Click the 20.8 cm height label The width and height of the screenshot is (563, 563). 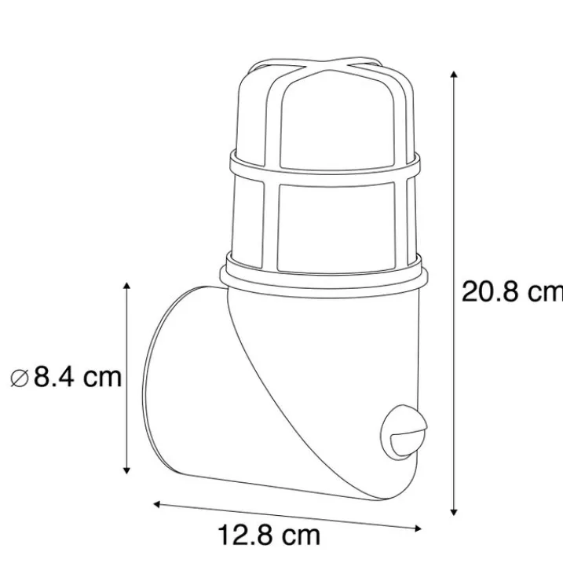tap(513, 291)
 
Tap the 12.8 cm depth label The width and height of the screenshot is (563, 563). tap(269, 536)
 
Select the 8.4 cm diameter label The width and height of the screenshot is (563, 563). tap(66, 378)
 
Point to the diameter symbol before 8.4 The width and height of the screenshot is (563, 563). tap(20, 378)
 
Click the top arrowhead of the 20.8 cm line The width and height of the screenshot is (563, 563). tap(454, 75)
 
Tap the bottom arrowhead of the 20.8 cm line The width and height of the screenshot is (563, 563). tap(454, 513)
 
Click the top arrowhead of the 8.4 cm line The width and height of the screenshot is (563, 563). tap(126, 286)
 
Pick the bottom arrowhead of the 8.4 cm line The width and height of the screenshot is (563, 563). tap(126, 470)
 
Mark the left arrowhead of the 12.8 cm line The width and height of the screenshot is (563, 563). tap(157, 504)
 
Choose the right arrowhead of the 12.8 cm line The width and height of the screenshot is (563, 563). tap(418, 528)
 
